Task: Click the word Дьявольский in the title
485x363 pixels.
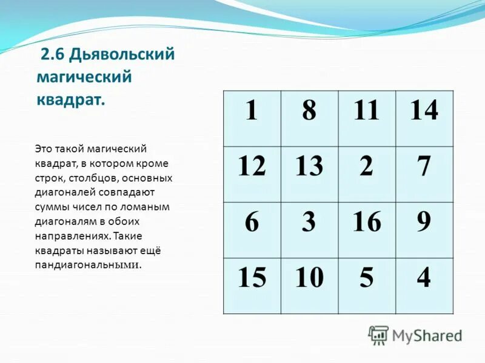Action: pos(122,55)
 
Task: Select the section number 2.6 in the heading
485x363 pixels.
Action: pos(53,55)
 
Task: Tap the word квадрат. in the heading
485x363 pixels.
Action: pos(70,99)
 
